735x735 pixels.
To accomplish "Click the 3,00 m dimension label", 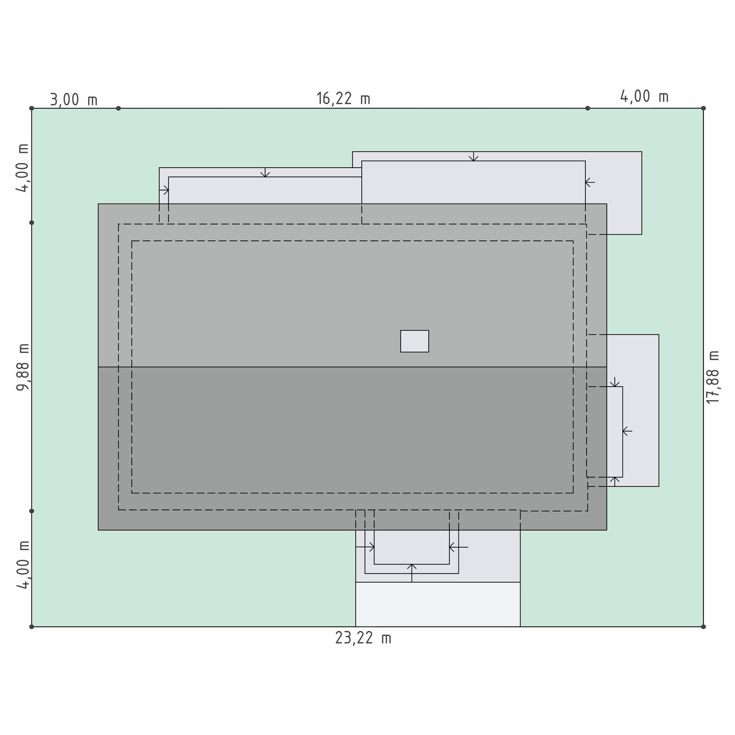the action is click(73, 100).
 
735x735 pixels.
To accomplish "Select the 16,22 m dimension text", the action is click(343, 98).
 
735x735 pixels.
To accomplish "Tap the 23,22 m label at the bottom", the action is click(363, 638).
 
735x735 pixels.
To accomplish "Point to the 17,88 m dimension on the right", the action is click(713, 377).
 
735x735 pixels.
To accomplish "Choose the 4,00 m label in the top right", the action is click(644, 96).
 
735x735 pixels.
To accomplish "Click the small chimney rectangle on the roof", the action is click(415, 341).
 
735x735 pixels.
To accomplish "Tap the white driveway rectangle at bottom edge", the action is click(438, 604).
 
